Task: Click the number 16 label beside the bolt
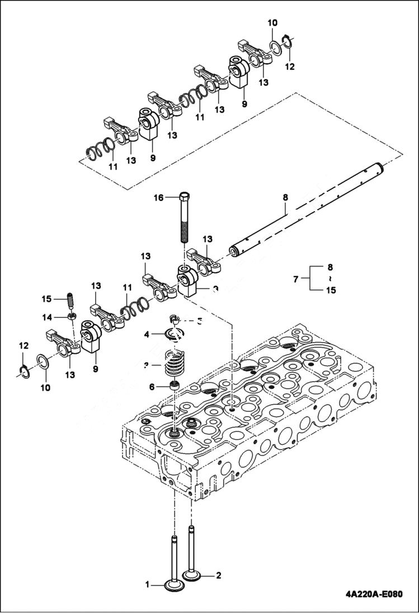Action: [159, 198]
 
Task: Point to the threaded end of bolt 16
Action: [186, 231]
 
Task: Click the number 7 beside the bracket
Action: [296, 278]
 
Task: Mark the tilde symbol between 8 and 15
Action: [329, 278]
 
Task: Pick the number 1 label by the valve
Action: [148, 585]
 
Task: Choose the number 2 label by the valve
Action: [219, 574]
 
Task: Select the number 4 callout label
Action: [147, 335]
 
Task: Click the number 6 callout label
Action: [152, 387]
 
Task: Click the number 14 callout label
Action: [47, 317]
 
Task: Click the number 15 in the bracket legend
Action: [331, 290]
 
